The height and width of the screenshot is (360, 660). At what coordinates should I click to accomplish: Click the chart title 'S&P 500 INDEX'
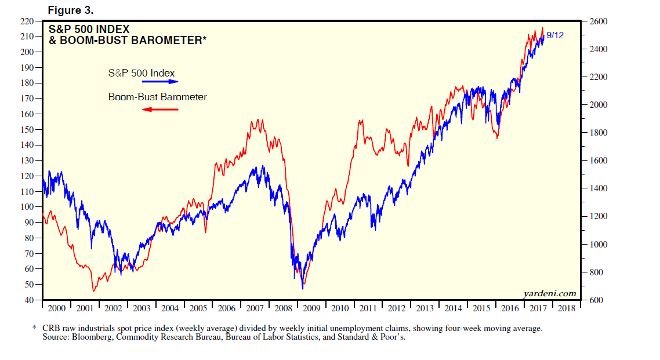coord(89,29)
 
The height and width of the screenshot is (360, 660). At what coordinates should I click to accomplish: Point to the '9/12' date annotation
coord(555,35)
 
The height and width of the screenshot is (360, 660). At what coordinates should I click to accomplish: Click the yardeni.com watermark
coord(550,293)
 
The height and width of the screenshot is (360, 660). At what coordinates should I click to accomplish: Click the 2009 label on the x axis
coord(311,308)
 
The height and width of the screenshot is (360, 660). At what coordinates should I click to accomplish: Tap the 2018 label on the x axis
coord(567,308)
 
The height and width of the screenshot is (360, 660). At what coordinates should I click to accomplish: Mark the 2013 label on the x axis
coord(425,308)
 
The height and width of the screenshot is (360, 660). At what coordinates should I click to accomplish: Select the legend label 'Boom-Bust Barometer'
coord(157,97)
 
